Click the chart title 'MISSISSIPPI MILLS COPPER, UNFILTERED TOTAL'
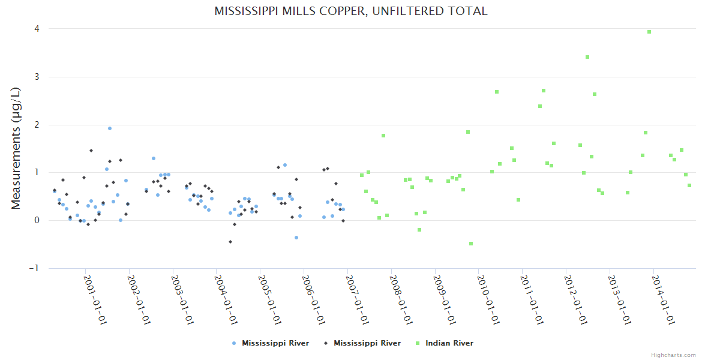click(x=351, y=11)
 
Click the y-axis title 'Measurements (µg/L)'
click(x=16, y=148)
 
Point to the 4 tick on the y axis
click(x=37, y=29)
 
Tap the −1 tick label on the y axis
click(x=35, y=268)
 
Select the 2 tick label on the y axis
click(x=37, y=125)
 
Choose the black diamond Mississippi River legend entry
click(x=367, y=343)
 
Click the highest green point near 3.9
click(x=649, y=32)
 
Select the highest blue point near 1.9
click(x=110, y=128)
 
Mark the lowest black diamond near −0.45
click(x=230, y=242)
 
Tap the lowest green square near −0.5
click(x=471, y=244)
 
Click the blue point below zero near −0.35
click(x=296, y=238)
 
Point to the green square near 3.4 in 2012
click(x=587, y=57)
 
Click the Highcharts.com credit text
click(x=673, y=355)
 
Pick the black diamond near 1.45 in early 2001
click(x=91, y=151)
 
